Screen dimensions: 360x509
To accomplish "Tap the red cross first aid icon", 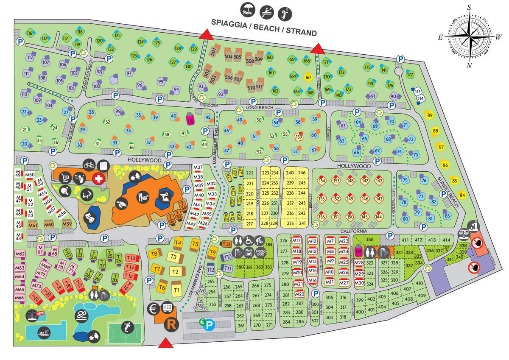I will [98, 179].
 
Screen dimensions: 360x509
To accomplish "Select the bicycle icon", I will [89, 164].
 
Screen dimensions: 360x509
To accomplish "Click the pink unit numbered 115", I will [190, 121].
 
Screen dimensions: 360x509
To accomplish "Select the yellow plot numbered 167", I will [308, 78].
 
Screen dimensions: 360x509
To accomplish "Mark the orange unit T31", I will [227, 244].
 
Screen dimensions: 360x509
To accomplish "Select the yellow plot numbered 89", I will [430, 115].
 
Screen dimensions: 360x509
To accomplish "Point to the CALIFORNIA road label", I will [352, 231].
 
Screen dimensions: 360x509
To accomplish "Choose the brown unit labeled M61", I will [33, 225].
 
